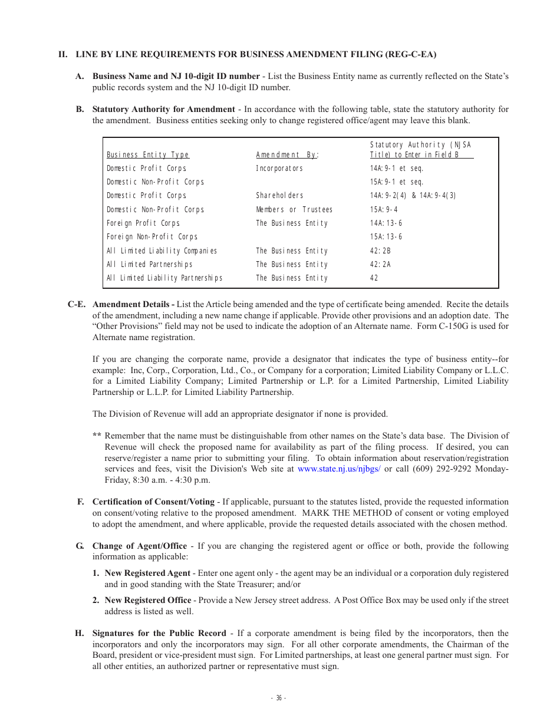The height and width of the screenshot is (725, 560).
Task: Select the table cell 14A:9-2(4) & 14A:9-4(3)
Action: (413, 196)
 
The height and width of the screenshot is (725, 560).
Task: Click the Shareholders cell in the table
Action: (279, 196)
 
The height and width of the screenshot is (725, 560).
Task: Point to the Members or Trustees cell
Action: (294, 210)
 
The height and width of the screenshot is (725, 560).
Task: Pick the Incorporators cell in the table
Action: (279, 169)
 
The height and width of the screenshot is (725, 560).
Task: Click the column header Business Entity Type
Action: (148, 155)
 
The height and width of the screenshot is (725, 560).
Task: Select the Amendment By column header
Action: (287, 155)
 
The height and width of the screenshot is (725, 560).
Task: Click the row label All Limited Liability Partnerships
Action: (164, 278)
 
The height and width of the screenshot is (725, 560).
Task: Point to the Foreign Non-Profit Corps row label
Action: (152, 237)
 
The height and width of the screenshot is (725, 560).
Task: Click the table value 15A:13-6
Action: (386, 237)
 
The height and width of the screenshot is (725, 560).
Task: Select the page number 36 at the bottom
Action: (279, 698)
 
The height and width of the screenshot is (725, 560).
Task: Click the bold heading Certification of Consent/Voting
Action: (153, 502)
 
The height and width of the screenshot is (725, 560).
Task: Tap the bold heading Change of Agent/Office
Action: (140, 546)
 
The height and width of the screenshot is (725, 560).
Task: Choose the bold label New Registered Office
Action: (148, 601)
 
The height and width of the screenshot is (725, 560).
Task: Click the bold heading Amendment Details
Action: (133, 305)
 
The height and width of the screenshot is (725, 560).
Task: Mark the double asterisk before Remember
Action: (97, 437)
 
